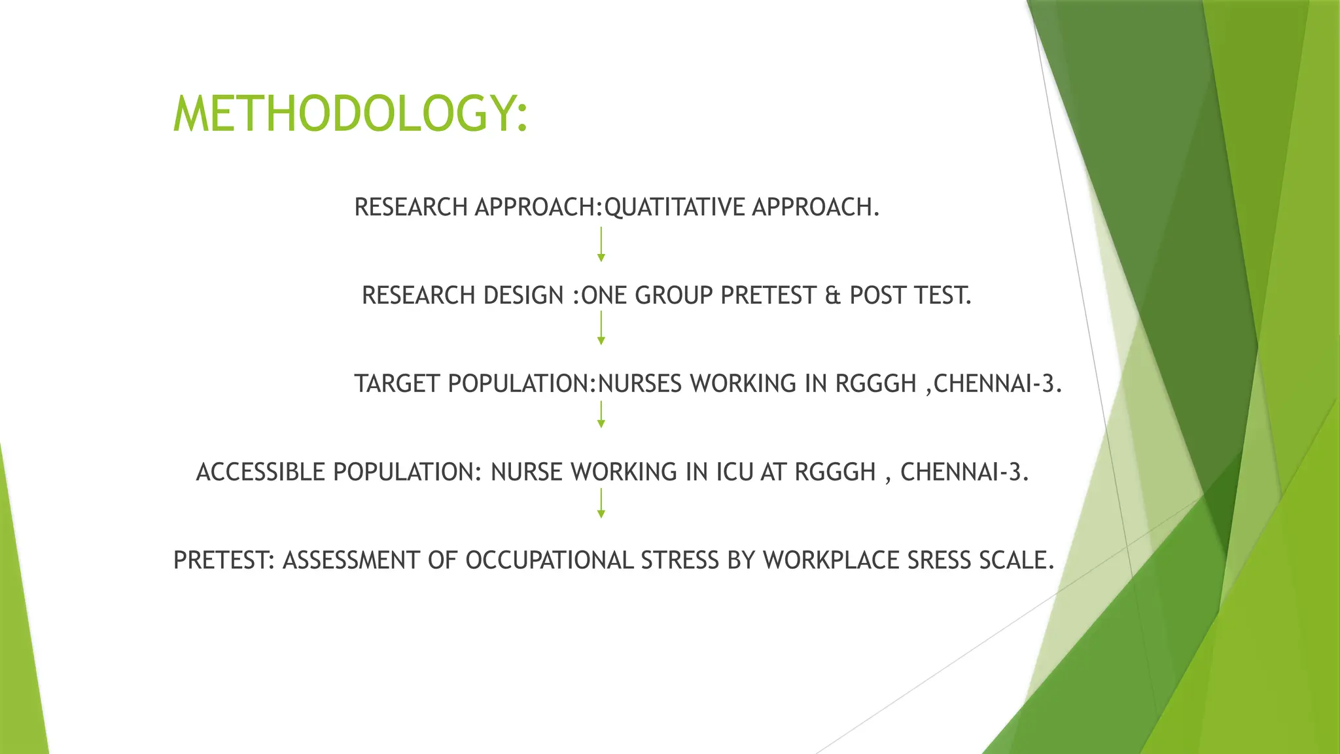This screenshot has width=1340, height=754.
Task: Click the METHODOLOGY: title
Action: coord(350,114)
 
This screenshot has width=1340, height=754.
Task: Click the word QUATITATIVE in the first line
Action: coord(674,207)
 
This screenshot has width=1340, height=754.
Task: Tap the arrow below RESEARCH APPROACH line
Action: coord(601,244)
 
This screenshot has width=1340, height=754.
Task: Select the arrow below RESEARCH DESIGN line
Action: coord(601,328)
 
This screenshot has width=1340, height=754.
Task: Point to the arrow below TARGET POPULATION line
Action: coord(601,414)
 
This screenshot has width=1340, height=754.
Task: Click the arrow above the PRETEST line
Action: coord(601,503)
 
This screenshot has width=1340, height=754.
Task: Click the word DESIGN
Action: coord(523,296)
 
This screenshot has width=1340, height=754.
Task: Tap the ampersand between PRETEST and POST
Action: coord(832,296)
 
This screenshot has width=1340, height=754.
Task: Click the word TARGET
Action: coord(397,384)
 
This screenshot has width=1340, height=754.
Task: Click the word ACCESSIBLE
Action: coord(260,473)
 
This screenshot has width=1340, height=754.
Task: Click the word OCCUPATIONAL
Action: coord(549,561)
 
